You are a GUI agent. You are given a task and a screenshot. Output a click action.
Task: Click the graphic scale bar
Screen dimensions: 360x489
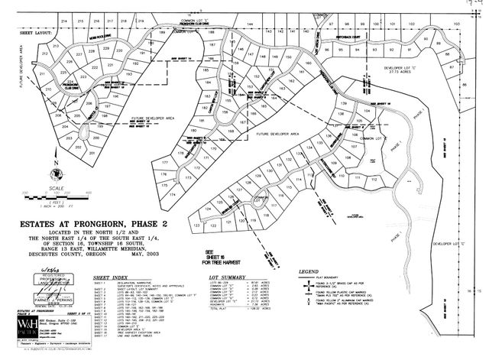57,198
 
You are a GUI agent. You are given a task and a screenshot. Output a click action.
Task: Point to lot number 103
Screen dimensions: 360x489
455,24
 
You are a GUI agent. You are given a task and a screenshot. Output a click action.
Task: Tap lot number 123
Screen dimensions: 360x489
196,226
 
